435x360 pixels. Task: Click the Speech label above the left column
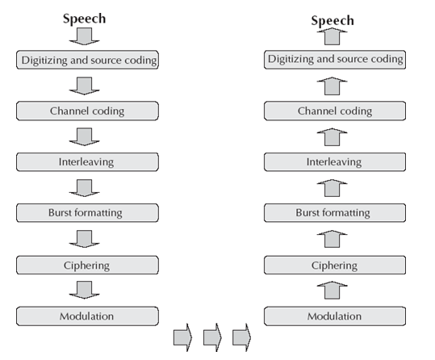85,17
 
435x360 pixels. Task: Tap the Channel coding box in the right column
334,110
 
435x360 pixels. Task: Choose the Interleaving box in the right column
334,161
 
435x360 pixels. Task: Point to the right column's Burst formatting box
334,213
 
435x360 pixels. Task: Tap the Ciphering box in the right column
334,265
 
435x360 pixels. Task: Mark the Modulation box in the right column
334,316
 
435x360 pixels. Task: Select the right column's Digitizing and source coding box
334,59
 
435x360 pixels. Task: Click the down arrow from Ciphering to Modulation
86,290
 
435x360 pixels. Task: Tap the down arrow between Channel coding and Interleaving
86,136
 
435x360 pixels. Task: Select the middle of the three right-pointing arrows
211,337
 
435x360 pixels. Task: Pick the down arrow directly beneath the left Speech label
86,36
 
